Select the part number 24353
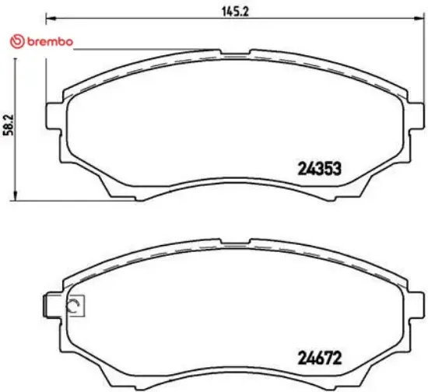point(321,167)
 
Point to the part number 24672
point(321,359)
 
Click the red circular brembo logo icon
point(12,41)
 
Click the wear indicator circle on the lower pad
point(75,306)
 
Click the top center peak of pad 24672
point(233,243)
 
